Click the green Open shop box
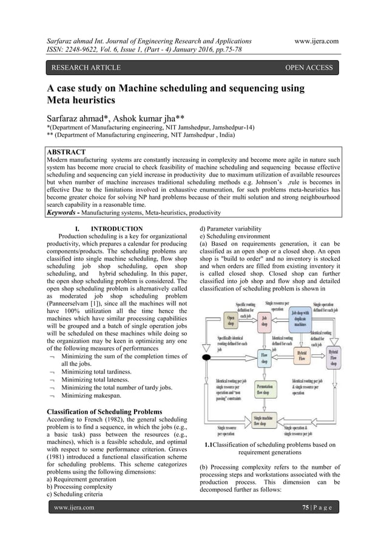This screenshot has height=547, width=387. (x=230, y=319)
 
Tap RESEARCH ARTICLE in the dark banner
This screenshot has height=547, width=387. (x=86, y=67)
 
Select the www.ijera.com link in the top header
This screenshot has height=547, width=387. (x=315, y=41)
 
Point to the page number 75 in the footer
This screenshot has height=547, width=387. (x=305, y=507)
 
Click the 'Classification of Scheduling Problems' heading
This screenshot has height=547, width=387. (x=104, y=412)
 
